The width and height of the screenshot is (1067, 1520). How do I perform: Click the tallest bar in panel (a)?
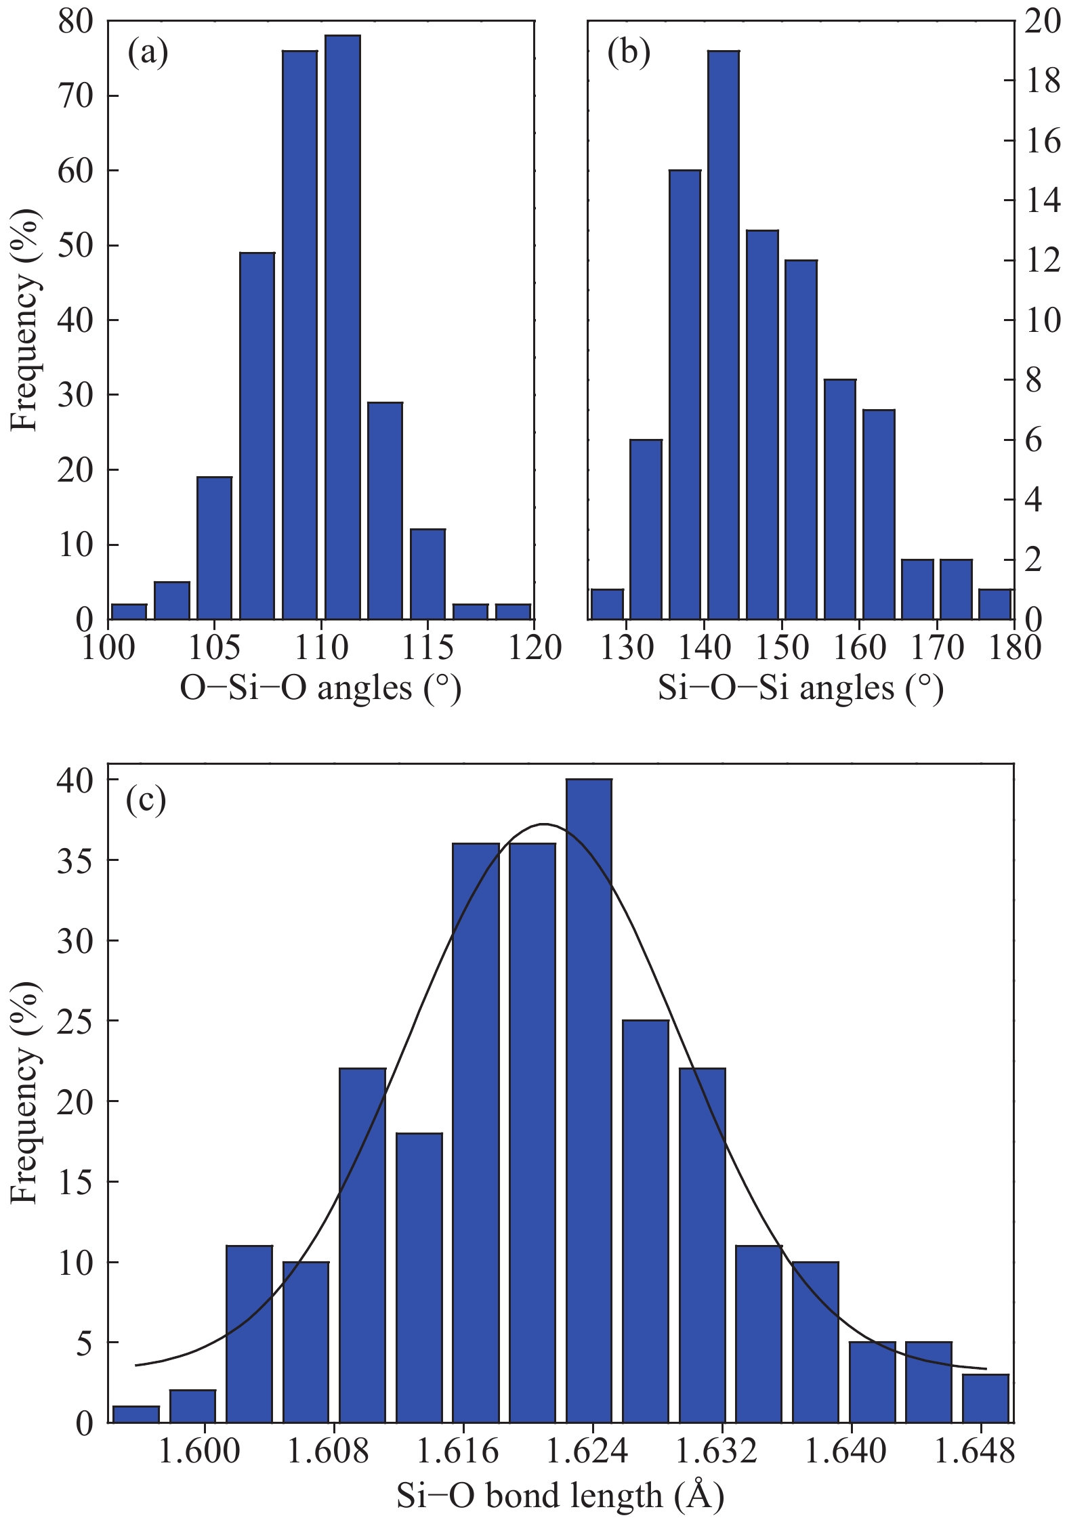click(342, 325)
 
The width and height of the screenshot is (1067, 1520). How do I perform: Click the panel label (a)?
click(148, 53)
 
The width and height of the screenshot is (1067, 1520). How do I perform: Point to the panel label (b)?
click(629, 53)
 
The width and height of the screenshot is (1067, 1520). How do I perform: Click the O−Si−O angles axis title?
click(320, 688)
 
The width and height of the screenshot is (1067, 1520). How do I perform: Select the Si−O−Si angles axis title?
click(801, 688)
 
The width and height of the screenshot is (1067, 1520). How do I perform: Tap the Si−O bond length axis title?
click(560, 1495)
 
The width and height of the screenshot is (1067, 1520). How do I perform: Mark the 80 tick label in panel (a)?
click(75, 22)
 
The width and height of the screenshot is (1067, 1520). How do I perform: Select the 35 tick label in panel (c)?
click(75, 860)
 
